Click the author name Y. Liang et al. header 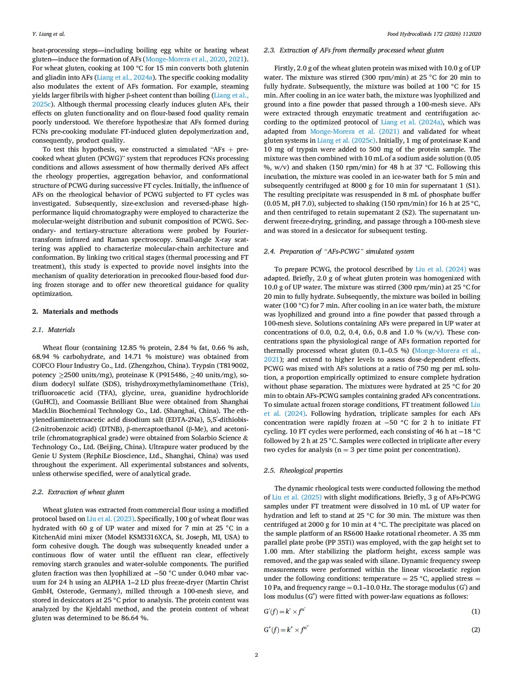point(48,34)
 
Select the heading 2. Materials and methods point(75,311)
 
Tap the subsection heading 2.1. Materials point(53,330)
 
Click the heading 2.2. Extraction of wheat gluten point(78,492)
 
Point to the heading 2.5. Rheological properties point(303,470)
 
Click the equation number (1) point(475,611)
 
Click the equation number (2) point(475,630)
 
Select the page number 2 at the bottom point(256,655)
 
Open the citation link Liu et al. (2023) point(111,519)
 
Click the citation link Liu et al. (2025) point(297,497)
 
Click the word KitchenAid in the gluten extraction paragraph point(53,537)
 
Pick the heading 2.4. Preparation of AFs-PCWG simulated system point(339,251)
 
